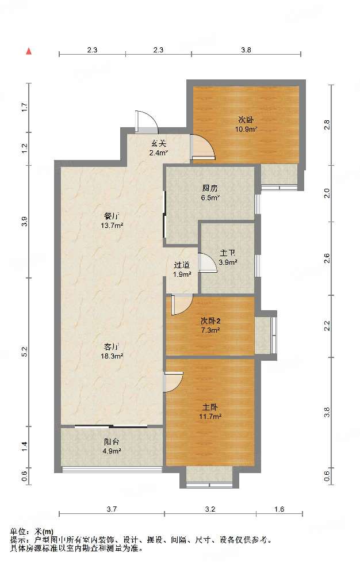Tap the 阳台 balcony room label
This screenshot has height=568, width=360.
(112, 442)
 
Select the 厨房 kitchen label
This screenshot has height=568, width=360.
(210, 188)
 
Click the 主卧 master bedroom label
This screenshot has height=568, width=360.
(210, 407)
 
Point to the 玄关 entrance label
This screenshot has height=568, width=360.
(159, 144)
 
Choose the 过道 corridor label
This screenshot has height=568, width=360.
(182, 265)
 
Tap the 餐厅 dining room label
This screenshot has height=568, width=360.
(112, 216)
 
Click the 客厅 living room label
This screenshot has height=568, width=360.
(112, 346)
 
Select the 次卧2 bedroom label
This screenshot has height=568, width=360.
(210, 321)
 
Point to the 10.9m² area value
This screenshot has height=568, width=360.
(246, 129)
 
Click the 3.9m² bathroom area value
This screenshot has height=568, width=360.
(228, 262)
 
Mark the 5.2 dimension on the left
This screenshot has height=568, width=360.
(24, 352)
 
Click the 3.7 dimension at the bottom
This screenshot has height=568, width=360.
(112, 509)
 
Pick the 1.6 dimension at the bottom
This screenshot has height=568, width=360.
(279, 509)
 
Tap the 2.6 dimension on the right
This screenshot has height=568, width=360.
(327, 258)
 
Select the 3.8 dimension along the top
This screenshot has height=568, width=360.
(246, 50)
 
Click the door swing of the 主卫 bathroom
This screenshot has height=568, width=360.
(208, 262)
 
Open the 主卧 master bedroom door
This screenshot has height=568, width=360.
(173, 382)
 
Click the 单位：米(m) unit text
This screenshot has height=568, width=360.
(32, 532)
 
